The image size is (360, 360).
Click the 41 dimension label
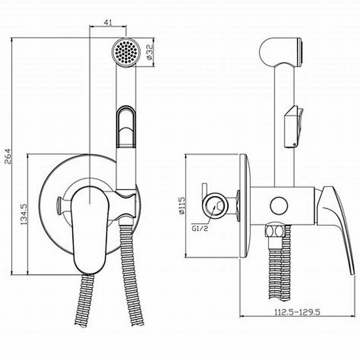(108, 22)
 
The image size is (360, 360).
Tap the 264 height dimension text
(8, 156)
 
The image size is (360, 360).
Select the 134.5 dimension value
(24, 214)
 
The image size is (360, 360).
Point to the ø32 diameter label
(149, 52)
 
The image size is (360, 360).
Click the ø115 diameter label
(181, 205)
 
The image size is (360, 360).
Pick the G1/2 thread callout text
(200, 229)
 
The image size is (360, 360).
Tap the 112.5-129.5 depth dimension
(297, 312)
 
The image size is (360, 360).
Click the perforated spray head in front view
(126, 53)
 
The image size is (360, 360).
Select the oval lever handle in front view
(88, 230)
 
